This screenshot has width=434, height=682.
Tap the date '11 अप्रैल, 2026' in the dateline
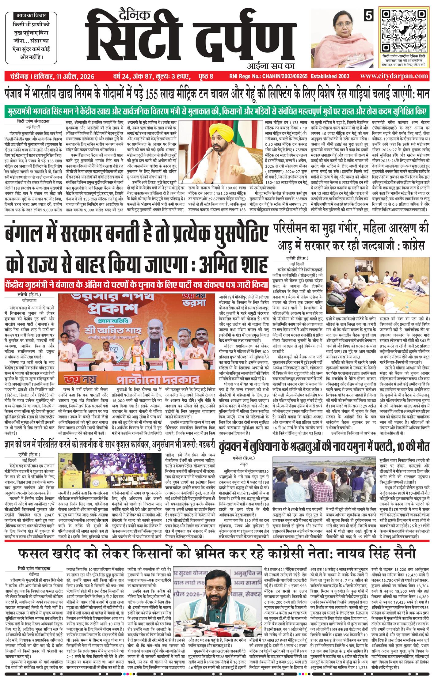coord(75,76)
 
